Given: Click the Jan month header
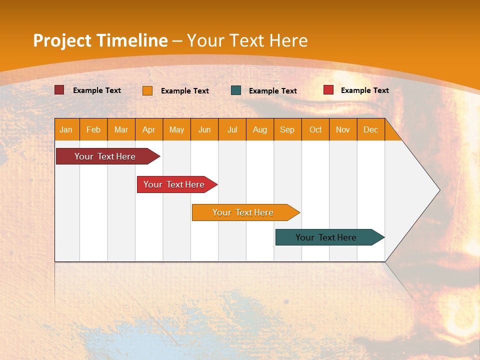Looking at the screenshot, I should pos(66,129).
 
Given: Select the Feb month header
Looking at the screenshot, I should pos(93,129).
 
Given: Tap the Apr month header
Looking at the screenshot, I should pos(149,129).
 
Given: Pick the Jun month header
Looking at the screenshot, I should pos(204,129).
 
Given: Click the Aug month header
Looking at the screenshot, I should pos(260,129).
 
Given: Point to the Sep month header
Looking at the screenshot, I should pos(287,129).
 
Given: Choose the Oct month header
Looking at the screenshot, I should pos(315,129).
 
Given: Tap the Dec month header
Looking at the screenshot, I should pos(371,129).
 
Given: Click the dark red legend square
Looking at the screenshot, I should pos(59,90).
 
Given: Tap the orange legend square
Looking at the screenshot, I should pos(147,90).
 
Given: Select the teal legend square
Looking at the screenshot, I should pos(236,90).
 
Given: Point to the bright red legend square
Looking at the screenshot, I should pos(328,90).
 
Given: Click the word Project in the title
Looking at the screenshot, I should pos(62,40).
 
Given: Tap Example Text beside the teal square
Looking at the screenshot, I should pos(272,90).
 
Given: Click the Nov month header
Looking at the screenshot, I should pos(343,129).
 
